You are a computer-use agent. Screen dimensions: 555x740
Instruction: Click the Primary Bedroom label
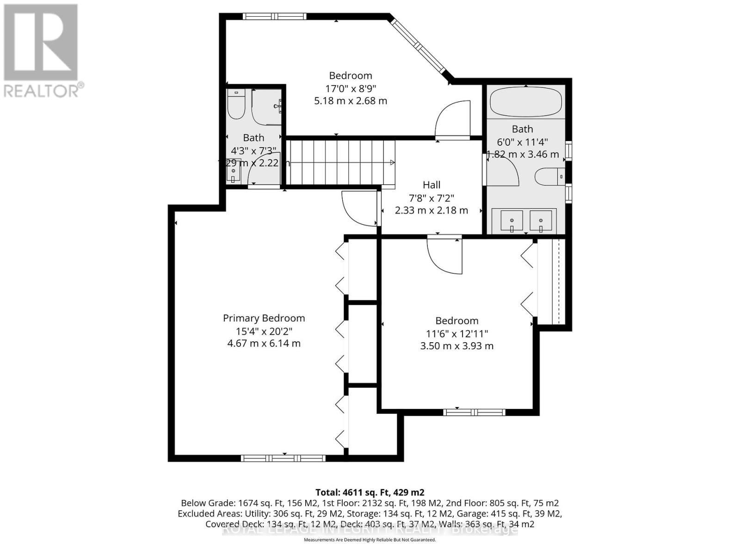(264, 318)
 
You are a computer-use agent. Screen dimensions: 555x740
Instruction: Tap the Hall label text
(432, 185)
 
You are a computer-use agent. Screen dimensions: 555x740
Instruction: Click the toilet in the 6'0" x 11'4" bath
(549, 177)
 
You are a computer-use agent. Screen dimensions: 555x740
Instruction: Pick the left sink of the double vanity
(512, 221)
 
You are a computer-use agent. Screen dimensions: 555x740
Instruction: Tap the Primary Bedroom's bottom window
(283, 458)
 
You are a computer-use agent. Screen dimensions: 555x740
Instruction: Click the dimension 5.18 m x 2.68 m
(351, 101)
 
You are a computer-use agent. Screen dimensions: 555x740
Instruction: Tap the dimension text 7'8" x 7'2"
(432, 198)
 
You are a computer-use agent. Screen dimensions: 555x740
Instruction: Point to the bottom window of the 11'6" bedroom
(474, 412)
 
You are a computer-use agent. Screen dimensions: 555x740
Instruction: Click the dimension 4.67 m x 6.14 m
(264, 344)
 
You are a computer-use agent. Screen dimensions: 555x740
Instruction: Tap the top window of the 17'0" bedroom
(275, 16)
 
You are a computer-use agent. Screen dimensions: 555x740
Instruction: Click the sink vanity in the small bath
(234, 171)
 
